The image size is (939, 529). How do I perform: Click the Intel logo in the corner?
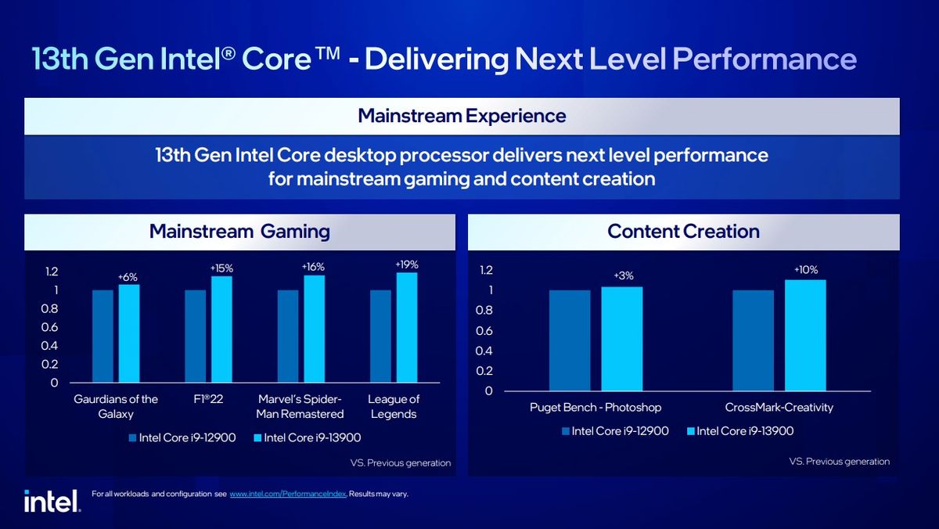click(x=51, y=500)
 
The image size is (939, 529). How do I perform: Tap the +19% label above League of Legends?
click(x=407, y=265)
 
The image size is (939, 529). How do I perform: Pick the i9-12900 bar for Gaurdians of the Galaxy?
click(x=103, y=336)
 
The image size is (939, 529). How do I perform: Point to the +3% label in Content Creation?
click(x=622, y=275)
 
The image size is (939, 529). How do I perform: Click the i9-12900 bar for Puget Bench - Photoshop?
click(x=570, y=340)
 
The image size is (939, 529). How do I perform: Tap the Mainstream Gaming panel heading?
click(x=239, y=232)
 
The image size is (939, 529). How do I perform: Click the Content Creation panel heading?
click(x=683, y=232)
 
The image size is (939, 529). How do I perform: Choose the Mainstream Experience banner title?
click(x=462, y=116)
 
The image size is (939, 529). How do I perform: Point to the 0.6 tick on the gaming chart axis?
click(x=49, y=327)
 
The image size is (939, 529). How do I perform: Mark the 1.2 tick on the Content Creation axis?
click(x=486, y=270)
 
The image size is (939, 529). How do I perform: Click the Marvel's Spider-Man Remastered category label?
click(x=300, y=406)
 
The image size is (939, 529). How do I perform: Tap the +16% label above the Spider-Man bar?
click(x=313, y=267)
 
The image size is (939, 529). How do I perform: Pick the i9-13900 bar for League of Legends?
click(x=407, y=328)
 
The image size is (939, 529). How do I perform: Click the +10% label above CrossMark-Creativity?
click(x=805, y=269)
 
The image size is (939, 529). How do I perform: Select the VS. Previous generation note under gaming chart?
click(x=400, y=462)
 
